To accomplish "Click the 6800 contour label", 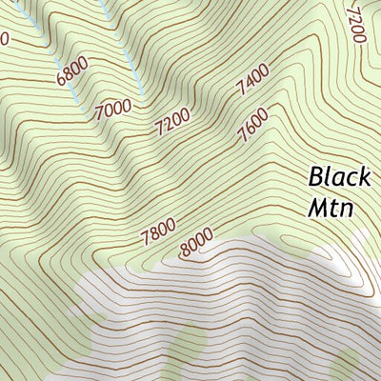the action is [x=72, y=70].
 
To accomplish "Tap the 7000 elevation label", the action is [x=112, y=108].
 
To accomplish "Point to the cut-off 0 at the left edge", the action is [x=3, y=39].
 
